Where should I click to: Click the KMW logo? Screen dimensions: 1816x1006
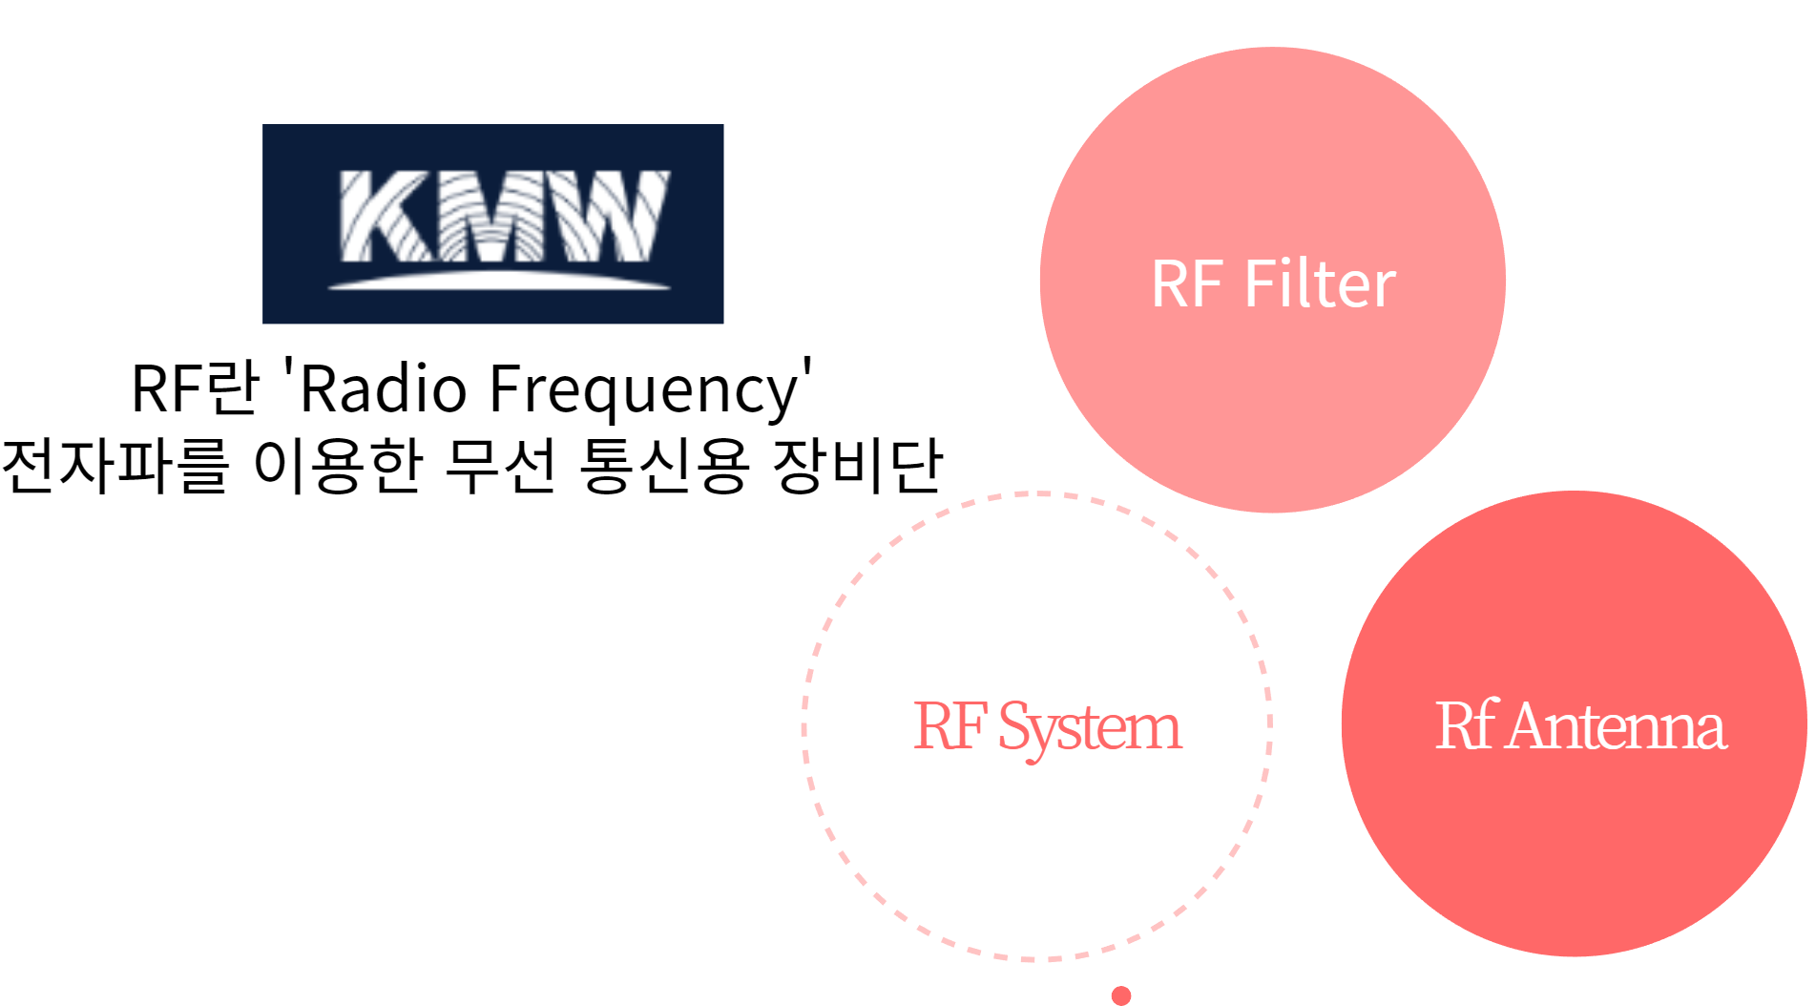[x=492, y=223]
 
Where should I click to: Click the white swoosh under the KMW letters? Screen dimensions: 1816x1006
[x=499, y=281]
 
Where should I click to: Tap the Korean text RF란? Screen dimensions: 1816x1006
[x=195, y=388]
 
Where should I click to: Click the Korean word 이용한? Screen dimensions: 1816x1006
[x=337, y=466]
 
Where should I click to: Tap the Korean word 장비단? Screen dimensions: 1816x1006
[x=857, y=466]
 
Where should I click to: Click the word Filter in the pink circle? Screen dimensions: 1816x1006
[x=1320, y=283]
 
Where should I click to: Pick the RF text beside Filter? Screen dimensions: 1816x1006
[x=1187, y=283]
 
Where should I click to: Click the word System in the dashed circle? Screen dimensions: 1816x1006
[x=1089, y=729]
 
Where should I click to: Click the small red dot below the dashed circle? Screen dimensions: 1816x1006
[x=1121, y=996]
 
